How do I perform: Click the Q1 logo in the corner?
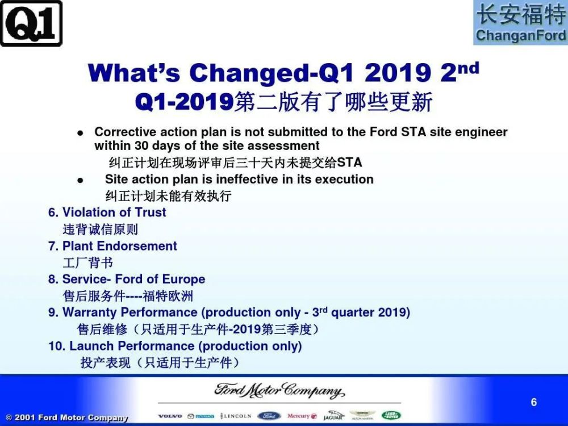(31, 23)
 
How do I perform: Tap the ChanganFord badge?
(520, 23)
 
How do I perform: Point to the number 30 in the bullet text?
(141, 145)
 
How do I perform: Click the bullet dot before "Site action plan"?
(81, 180)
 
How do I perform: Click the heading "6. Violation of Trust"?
(107, 212)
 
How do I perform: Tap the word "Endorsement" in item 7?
(137, 246)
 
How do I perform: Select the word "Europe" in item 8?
(183, 279)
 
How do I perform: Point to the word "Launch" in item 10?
(91, 346)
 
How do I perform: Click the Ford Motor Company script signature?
(279, 391)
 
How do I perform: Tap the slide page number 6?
(533, 402)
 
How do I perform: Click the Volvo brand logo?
(170, 416)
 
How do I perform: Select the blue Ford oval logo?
(269, 416)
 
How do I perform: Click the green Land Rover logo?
(391, 416)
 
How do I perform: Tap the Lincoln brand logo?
(236, 416)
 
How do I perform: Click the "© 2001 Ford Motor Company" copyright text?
(66, 417)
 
